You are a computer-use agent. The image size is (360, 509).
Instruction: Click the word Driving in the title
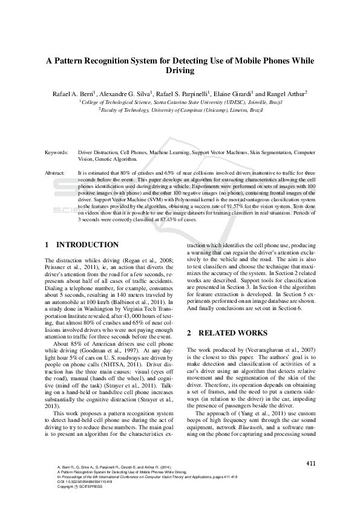(x=180, y=71)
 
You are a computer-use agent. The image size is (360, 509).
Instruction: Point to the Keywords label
(x=57, y=153)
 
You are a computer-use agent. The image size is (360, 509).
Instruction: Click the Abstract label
(x=56, y=173)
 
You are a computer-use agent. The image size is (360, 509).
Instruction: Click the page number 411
(x=311, y=464)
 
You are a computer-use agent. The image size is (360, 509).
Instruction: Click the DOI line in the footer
(x=79, y=481)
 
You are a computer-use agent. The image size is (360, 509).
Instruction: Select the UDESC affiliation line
(x=181, y=103)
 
